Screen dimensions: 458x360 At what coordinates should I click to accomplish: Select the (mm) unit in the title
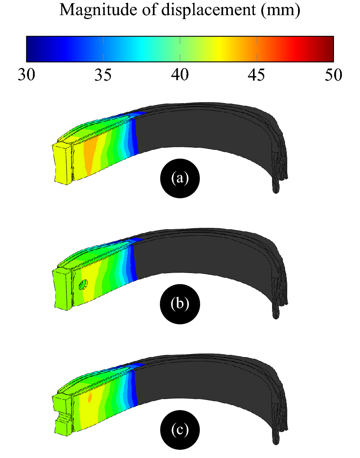(280, 10)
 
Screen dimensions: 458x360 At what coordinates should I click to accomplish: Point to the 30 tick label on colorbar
(27, 74)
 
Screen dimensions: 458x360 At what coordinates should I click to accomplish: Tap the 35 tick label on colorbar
(103, 74)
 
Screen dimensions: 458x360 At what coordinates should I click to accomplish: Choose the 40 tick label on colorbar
(180, 74)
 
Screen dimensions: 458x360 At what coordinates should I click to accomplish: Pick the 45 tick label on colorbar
(256, 74)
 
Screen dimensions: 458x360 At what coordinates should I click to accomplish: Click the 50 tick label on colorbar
(333, 74)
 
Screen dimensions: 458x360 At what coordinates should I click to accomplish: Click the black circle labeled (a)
(180, 178)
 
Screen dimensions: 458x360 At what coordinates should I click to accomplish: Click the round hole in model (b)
(83, 284)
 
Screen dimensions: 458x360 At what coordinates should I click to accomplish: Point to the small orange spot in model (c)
(90, 397)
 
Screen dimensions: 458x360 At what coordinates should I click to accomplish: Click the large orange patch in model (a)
(89, 156)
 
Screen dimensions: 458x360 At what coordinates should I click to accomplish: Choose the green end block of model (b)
(62, 288)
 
